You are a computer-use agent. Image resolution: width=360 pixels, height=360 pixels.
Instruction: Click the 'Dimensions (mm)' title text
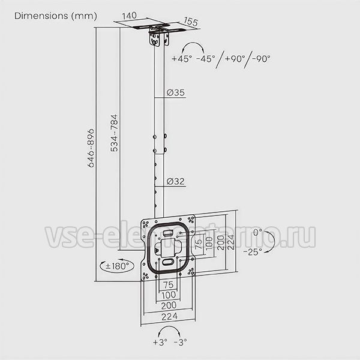[x=56, y=16]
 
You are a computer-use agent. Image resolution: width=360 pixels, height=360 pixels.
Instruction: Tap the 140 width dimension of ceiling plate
[x=130, y=16]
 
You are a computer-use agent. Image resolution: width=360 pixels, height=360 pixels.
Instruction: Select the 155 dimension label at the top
[x=191, y=22]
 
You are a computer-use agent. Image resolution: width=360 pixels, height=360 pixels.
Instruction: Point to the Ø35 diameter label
[x=176, y=92]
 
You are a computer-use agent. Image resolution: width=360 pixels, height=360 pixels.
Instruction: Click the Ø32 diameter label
[x=176, y=181]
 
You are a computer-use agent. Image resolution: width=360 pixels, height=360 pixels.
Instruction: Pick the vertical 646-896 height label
[x=91, y=148]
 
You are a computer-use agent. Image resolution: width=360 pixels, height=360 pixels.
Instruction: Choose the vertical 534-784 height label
[x=114, y=133]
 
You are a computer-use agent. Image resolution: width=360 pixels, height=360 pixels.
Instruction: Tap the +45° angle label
[x=182, y=59]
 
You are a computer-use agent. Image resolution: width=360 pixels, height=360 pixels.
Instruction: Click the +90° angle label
[x=235, y=59]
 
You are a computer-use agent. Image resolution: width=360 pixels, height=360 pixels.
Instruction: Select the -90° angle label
[x=261, y=59]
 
